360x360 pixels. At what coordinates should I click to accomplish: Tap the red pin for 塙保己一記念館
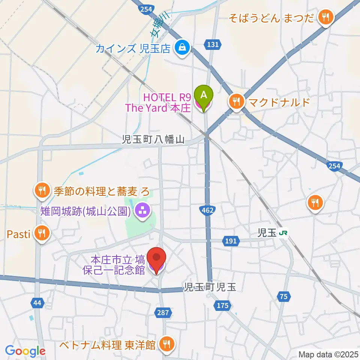(x=156, y=258)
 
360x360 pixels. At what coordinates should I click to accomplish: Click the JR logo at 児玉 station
(x=283, y=234)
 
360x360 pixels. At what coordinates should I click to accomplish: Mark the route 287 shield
(x=164, y=312)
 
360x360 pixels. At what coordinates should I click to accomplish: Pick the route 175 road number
(x=222, y=306)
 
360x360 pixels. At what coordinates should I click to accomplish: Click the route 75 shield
(x=284, y=297)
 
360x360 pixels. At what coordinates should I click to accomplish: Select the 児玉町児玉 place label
(x=210, y=287)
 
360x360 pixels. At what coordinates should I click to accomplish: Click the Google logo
(x=25, y=351)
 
